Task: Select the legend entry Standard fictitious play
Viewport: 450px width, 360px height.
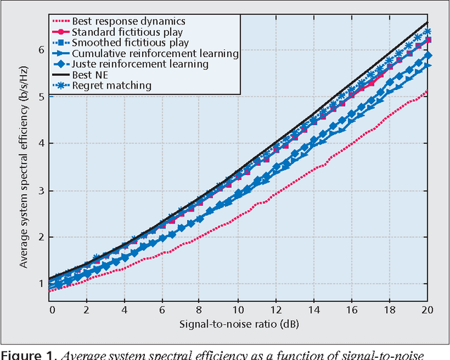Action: pos(127,32)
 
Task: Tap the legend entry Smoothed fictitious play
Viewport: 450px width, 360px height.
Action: pos(130,42)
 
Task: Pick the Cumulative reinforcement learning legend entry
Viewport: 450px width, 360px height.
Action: pos(155,53)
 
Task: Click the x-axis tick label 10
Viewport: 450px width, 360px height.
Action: pos(238,309)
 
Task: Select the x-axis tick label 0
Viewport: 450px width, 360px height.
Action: pos(51,309)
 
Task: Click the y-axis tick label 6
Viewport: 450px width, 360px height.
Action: pos(41,51)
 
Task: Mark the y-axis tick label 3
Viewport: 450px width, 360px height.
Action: pos(41,191)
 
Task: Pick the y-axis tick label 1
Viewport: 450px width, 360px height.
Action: pos(41,284)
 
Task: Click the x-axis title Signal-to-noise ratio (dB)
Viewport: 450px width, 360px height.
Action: pos(239,325)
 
